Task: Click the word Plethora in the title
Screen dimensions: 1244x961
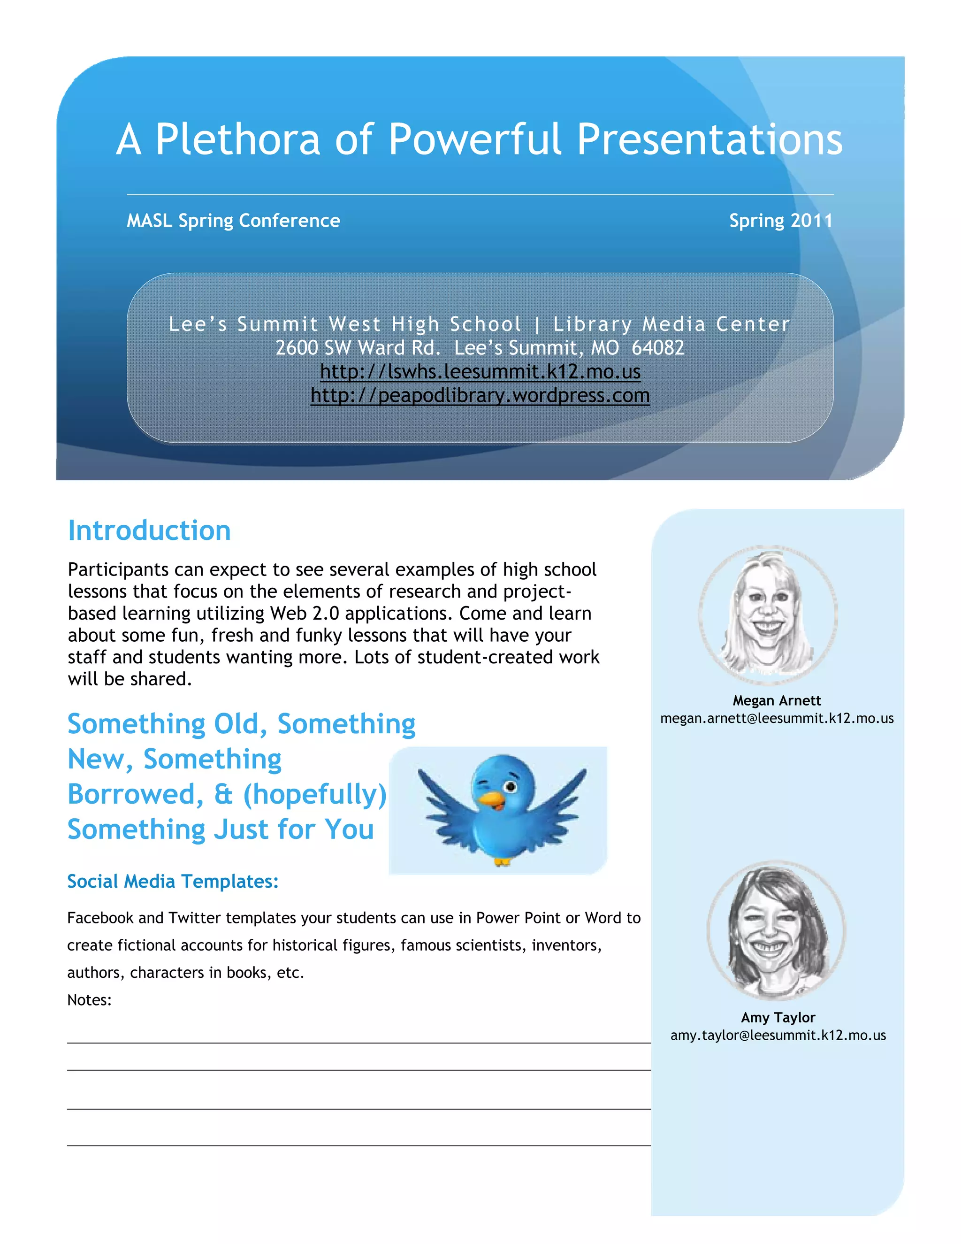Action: click(x=238, y=139)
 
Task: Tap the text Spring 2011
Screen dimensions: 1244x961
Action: click(x=780, y=221)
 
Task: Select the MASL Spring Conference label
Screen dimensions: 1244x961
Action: click(x=233, y=221)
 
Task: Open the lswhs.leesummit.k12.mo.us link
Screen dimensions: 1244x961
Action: click(x=480, y=371)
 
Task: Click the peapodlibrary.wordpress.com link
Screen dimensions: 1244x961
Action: click(x=480, y=395)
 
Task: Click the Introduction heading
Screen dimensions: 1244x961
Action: click(x=149, y=530)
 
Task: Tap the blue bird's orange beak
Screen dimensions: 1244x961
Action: click(x=491, y=801)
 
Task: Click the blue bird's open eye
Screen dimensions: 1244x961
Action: click(x=511, y=787)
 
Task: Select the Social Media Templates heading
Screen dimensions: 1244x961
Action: click(x=173, y=881)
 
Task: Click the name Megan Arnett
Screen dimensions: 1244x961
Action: click(x=777, y=700)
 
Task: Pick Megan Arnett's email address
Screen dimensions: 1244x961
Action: click(x=777, y=718)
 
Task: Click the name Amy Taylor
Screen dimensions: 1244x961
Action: click(x=778, y=1017)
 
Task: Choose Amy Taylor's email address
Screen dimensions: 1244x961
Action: click(x=778, y=1035)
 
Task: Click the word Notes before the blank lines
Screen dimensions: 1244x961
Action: click(x=89, y=999)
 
